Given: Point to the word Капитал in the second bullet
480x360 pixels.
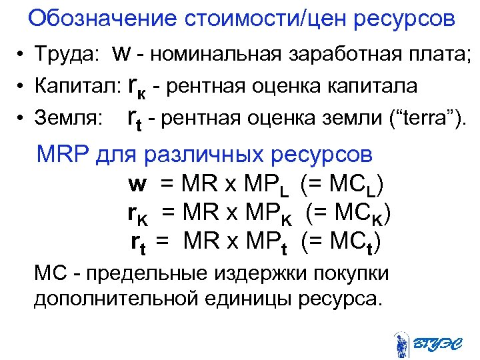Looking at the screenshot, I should click(x=75, y=86).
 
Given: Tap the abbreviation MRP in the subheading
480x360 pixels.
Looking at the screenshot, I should click(x=64, y=155).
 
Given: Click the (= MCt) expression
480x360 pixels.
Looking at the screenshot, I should click(x=341, y=242).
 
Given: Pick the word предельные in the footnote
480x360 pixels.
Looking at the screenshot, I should click(x=141, y=273).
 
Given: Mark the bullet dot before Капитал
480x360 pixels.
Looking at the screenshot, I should click(x=22, y=87).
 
